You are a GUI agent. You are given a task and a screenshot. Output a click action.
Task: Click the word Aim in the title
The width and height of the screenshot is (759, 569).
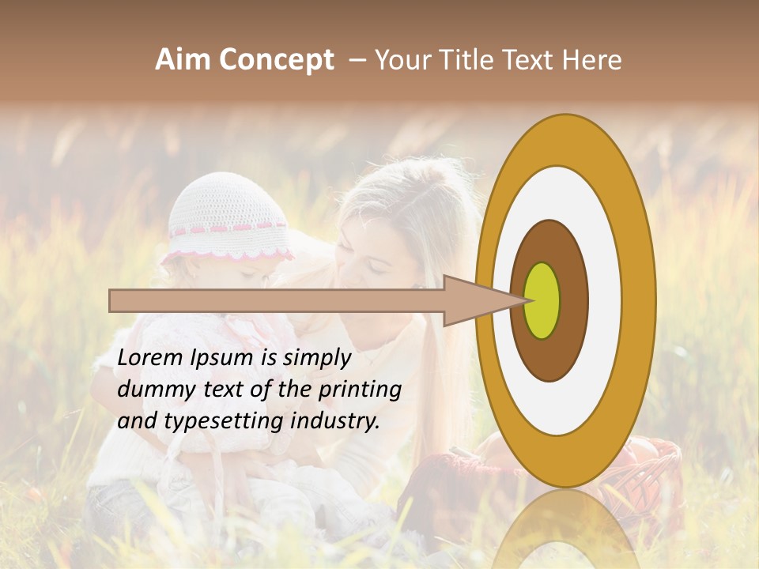click(x=183, y=60)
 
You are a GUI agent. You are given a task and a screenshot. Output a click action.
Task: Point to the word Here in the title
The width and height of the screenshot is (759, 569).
click(x=592, y=60)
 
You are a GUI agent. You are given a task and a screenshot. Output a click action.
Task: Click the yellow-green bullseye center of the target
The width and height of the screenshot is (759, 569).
click(x=542, y=300)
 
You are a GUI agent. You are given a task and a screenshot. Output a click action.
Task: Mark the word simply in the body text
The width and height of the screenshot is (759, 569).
click(x=316, y=359)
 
